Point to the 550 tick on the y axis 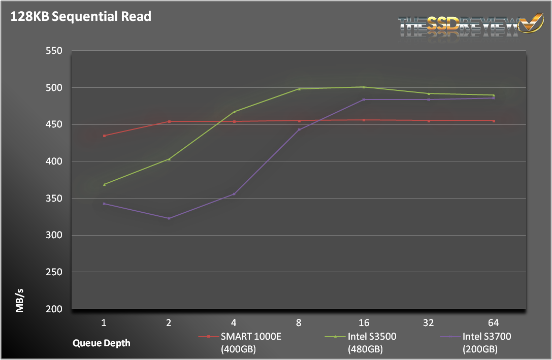coord(53,51)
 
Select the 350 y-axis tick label coord(53,199)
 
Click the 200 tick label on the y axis coord(53,309)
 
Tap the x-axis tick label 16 coord(364,322)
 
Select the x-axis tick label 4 coord(234,322)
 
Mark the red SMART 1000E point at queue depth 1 coord(104,136)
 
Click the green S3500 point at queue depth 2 coord(169,159)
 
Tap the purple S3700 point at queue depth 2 coord(169,218)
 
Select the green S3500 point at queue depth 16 coord(364,87)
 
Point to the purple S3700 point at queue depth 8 coord(299,129)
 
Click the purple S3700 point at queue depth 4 coord(234,194)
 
